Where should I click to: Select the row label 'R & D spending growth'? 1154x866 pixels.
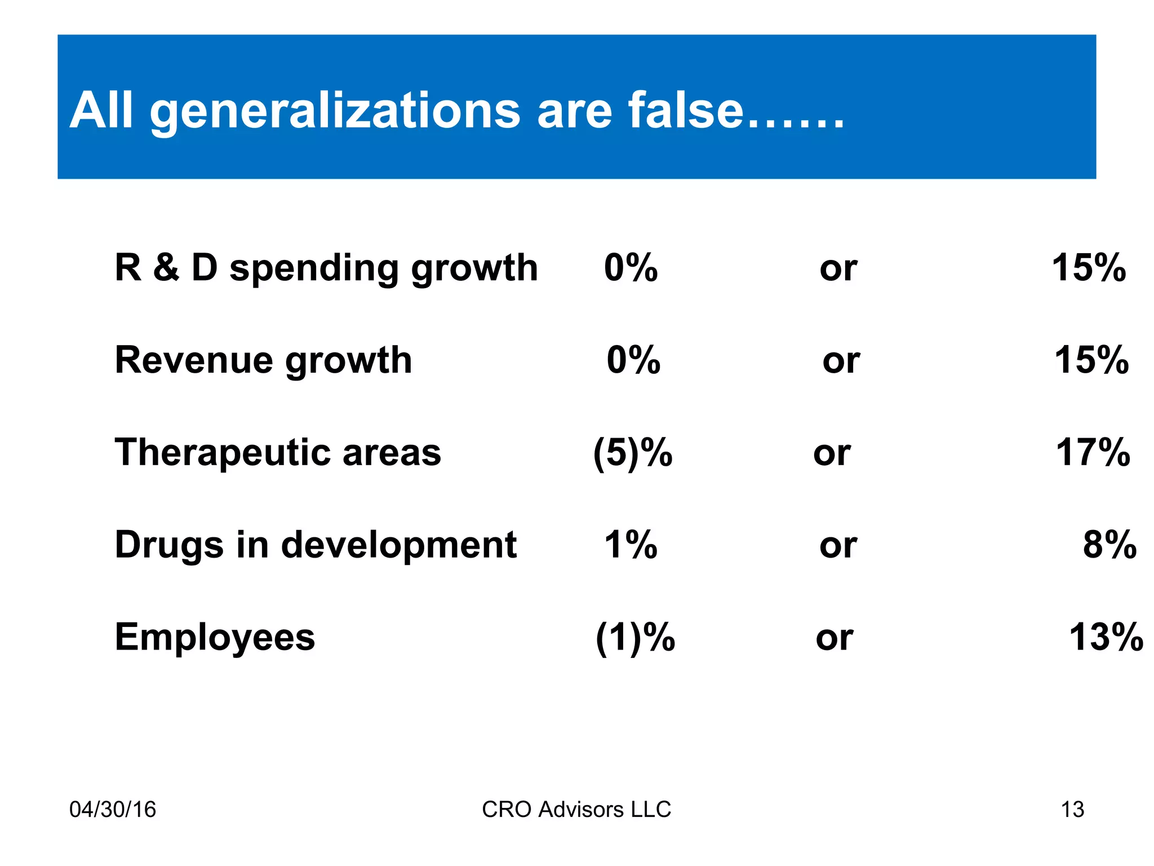coord(326,268)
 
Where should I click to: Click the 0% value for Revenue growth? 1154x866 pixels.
coord(633,361)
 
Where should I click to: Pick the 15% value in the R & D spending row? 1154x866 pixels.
coord(1089,268)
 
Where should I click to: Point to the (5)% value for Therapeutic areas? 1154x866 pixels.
coord(632,453)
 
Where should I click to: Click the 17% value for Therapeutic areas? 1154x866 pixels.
coord(1093,453)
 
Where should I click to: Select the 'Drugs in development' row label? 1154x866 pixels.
coord(316,546)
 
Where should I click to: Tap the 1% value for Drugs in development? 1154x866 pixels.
coord(631,546)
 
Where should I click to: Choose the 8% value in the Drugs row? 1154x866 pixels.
coord(1109,546)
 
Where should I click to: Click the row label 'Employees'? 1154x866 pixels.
coord(215,638)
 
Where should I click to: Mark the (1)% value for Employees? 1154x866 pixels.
coord(635,638)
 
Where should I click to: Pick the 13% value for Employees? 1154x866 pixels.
coord(1106,638)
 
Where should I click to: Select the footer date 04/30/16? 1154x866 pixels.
coord(112,810)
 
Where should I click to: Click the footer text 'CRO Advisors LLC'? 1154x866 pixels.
coord(576,810)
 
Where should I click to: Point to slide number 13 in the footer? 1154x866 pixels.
coord(1072,810)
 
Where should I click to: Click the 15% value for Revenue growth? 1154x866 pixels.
coord(1091,361)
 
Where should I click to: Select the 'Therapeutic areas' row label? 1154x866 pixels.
coord(278,453)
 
